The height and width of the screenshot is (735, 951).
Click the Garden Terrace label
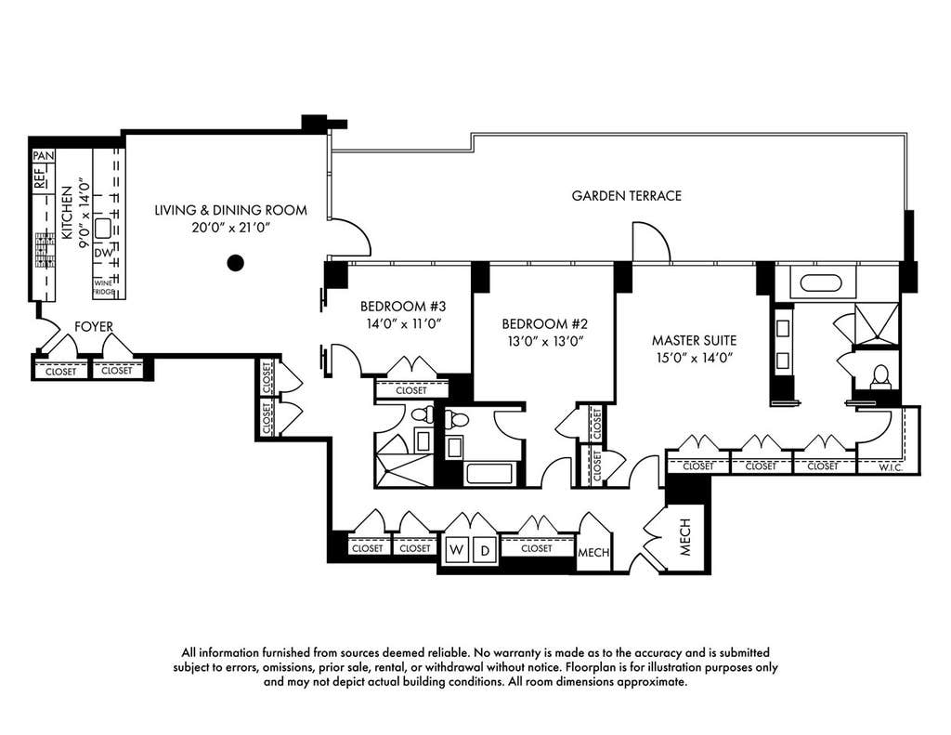(x=627, y=195)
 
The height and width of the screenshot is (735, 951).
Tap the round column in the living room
(x=235, y=263)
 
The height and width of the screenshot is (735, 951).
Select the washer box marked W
(x=457, y=550)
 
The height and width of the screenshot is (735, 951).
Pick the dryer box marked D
(x=485, y=550)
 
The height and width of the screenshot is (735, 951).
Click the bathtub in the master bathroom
(x=821, y=282)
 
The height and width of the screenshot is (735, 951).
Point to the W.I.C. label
(x=891, y=467)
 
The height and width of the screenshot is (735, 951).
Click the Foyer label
(x=94, y=326)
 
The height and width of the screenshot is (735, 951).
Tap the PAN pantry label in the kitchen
(x=44, y=156)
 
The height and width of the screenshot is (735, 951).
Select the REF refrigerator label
(x=39, y=180)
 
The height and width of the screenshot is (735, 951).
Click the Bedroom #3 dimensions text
(x=403, y=323)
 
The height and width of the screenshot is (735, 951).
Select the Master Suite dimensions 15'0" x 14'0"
(x=694, y=357)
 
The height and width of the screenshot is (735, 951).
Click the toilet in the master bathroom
(x=879, y=377)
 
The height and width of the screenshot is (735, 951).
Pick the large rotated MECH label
(x=685, y=536)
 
